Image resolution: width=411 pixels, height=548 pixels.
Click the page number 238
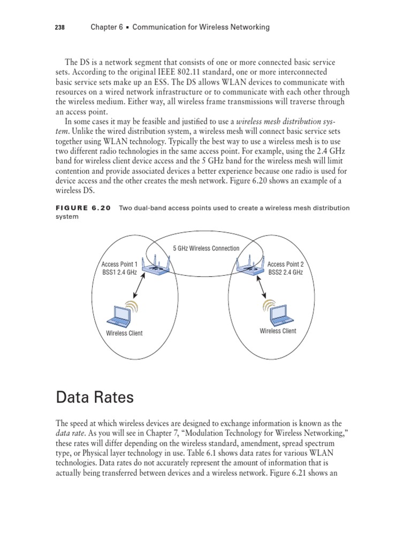coord(60,27)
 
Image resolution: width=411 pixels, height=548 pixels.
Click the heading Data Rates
coord(95,398)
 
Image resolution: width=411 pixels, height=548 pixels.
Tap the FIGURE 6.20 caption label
coord(83,208)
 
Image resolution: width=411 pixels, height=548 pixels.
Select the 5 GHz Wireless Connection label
coord(206,248)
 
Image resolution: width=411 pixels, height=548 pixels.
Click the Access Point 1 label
coord(119,264)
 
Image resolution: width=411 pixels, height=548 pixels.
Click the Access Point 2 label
coord(285,264)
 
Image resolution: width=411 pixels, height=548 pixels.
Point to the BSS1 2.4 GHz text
coord(119,272)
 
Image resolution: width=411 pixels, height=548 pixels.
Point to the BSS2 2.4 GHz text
coord(285,272)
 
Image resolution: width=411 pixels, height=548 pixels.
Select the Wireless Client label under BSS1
coord(124,333)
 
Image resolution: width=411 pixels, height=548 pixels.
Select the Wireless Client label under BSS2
coord(278,331)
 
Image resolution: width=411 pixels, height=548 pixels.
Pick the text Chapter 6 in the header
coord(103,27)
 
